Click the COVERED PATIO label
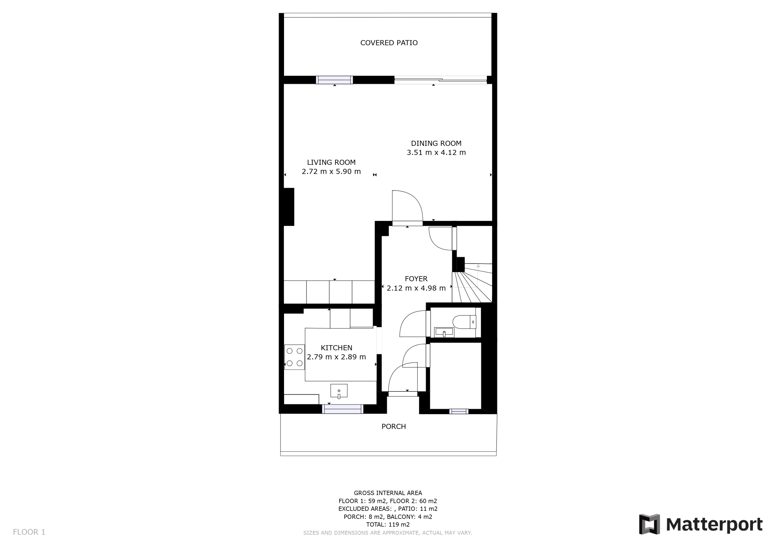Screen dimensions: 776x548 (x=389, y=43)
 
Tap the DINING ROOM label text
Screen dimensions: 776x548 (x=436, y=143)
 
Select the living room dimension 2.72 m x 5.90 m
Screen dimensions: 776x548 (x=331, y=172)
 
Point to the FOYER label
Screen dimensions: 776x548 (x=416, y=279)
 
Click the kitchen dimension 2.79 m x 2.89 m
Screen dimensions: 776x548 (x=336, y=357)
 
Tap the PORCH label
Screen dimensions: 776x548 (x=394, y=427)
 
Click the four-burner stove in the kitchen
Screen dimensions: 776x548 (x=294, y=357)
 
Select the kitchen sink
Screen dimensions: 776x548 (x=339, y=391)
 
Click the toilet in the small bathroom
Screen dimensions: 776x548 (x=464, y=322)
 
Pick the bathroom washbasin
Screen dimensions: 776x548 (x=444, y=332)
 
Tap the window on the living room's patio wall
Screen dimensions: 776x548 (x=334, y=80)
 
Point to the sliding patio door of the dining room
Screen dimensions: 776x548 (x=441, y=80)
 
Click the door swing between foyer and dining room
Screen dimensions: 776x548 (x=407, y=206)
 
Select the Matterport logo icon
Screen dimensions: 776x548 (x=649, y=524)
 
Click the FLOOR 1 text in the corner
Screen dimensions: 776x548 (x=29, y=532)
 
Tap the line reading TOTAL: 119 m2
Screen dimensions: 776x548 (x=388, y=524)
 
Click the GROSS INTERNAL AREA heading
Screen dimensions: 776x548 (x=388, y=493)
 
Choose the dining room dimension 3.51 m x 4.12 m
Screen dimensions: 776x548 (x=436, y=153)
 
